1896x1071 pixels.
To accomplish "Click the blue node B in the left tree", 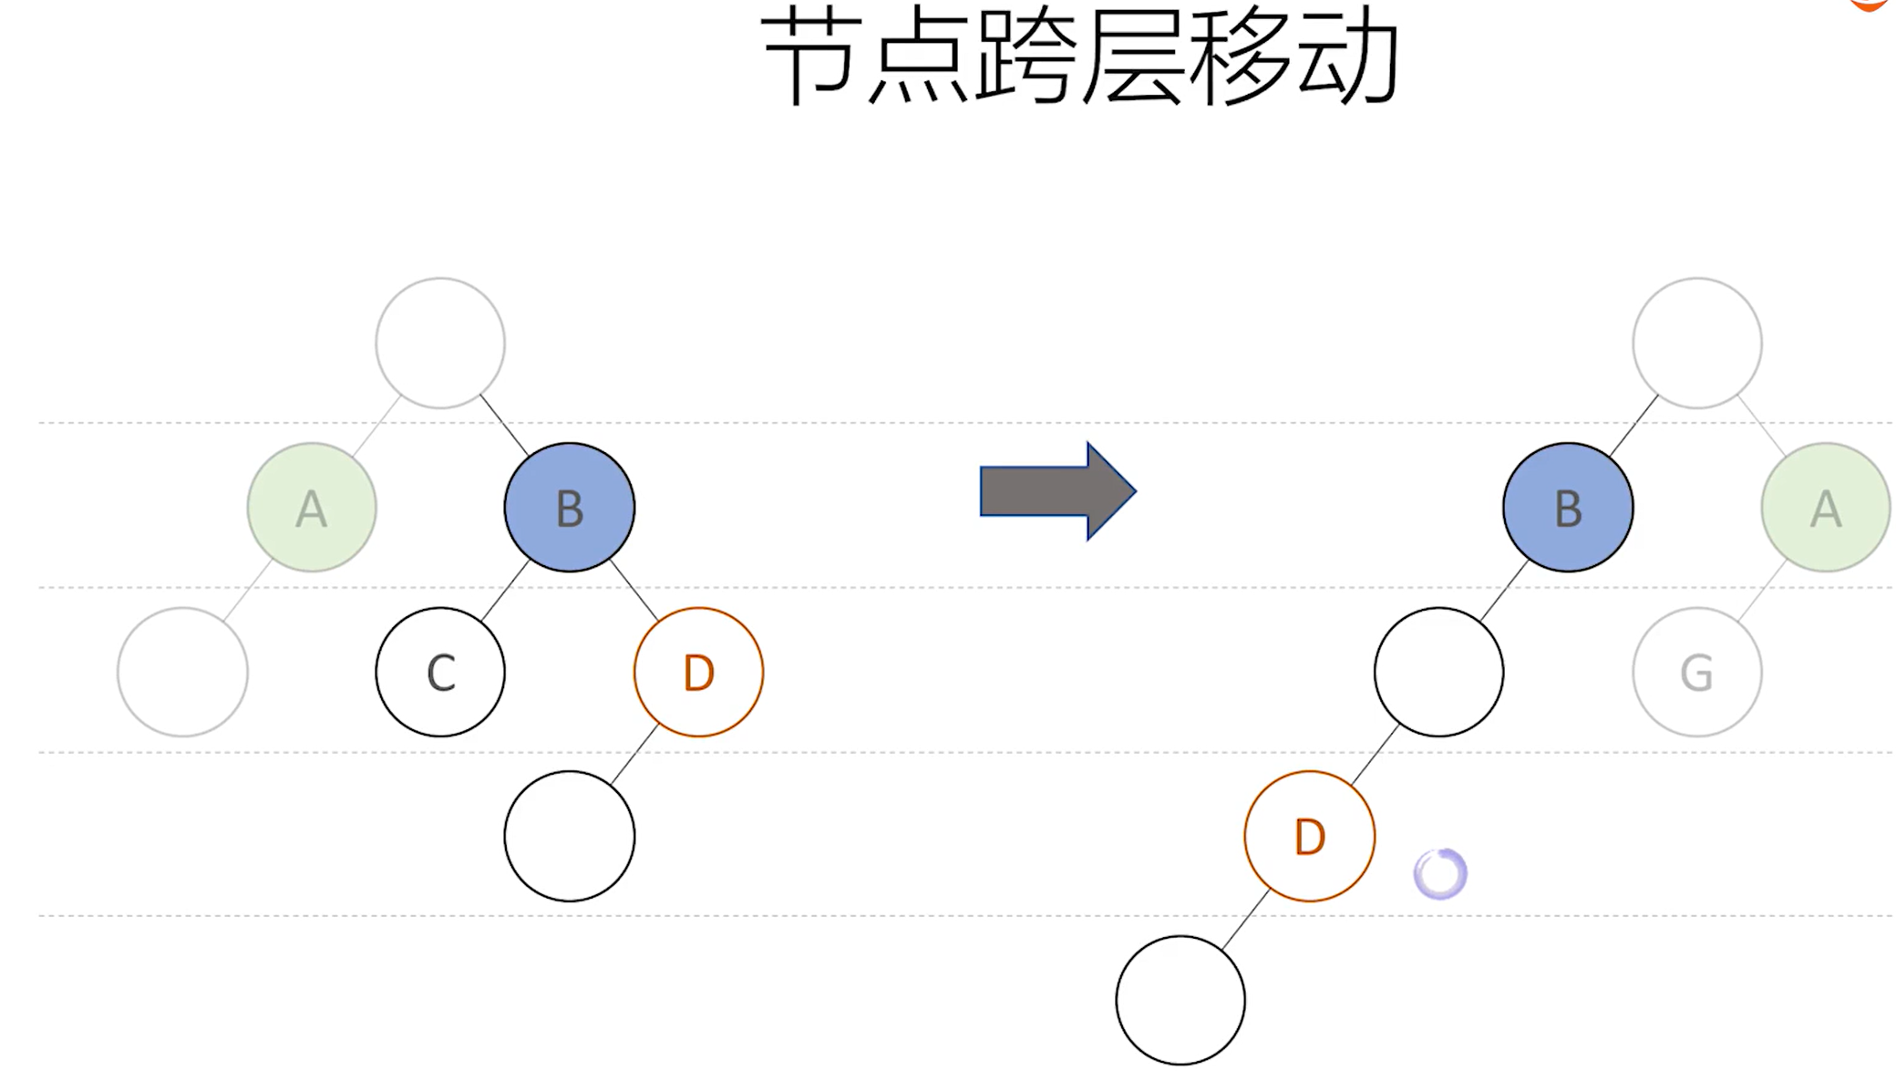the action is click(569, 508).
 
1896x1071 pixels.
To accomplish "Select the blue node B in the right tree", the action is click(1568, 508).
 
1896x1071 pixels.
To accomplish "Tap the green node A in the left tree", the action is click(312, 508).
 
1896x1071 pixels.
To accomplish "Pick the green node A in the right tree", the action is click(1825, 508).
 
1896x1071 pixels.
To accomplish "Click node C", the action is click(440, 673).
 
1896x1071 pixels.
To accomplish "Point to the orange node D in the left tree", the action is click(698, 673).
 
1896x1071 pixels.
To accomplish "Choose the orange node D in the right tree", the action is click(1309, 837).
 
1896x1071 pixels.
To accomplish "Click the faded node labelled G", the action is click(1696, 673).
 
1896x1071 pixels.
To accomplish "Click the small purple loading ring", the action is click(1440, 874).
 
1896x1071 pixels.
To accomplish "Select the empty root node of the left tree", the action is click(440, 343).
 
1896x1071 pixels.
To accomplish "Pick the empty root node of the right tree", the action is click(1696, 343).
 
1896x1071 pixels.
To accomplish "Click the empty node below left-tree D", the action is click(569, 837).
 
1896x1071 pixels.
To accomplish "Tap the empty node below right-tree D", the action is click(1180, 1000).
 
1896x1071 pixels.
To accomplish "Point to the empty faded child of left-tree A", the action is click(182, 673).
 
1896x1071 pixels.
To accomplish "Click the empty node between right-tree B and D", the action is click(1438, 673).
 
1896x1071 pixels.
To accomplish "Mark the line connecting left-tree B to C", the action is click(505, 591).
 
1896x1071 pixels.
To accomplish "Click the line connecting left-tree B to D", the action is click(634, 592).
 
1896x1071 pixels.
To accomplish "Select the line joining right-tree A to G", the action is click(1762, 591).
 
